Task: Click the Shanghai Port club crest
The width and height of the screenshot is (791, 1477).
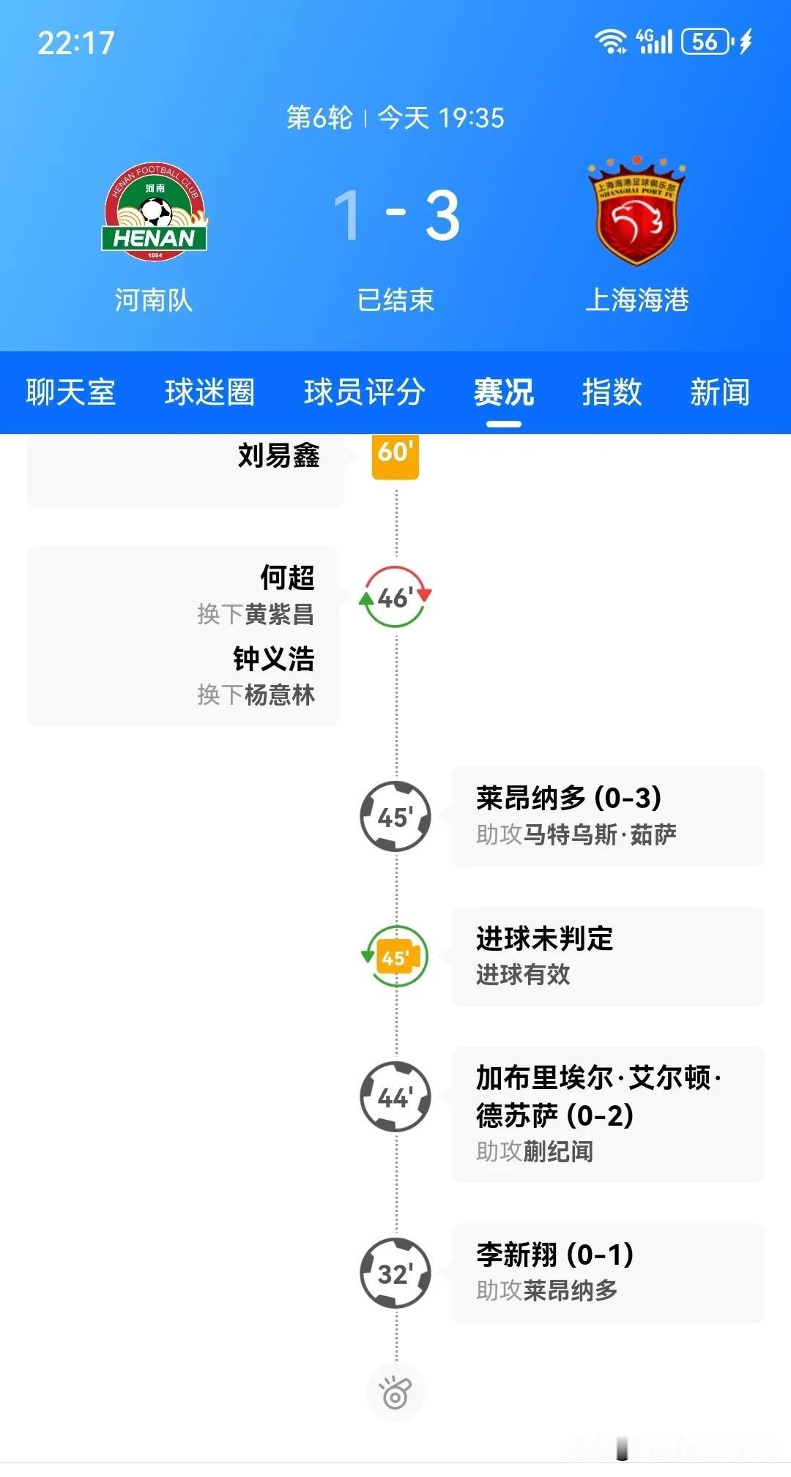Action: click(636, 212)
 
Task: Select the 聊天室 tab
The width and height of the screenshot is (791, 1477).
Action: click(70, 392)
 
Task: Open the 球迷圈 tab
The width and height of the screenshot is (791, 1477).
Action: click(209, 392)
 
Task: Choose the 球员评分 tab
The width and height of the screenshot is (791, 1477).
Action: click(364, 392)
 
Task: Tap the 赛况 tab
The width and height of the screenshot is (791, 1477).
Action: click(503, 392)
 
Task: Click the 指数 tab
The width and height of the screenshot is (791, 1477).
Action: click(612, 392)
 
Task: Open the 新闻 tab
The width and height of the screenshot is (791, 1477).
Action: click(720, 392)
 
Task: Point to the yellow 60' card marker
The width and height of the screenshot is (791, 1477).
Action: click(395, 455)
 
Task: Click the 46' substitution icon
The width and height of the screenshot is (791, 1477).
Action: click(395, 597)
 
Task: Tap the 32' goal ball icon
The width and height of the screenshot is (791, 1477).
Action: click(395, 1274)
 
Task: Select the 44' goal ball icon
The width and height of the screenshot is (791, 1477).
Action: click(395, 1097)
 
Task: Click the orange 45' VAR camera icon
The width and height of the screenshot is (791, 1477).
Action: click(395, 957)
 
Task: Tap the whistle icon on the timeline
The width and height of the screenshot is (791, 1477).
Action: click(395, 1393)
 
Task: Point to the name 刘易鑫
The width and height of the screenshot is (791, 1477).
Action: click(278, 455)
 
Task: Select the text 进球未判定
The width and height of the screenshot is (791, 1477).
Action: click(544, 938)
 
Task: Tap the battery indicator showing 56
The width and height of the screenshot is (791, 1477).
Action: click(707, 42)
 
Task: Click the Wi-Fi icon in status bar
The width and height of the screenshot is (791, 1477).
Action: click(610, 42)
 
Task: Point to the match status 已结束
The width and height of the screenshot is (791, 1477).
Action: click(395, 300)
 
